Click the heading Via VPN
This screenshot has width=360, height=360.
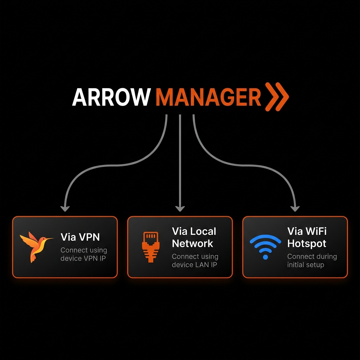pyautogui.click(x=80, y=237)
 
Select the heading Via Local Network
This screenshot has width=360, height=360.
pyautogui.click(x=194, y=237)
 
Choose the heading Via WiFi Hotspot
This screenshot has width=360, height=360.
pyautogui.click(x=307, y=237)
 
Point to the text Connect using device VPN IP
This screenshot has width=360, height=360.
pyautogui.click(x=84, y=254)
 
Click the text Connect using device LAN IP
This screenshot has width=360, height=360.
pyautogui.click(x=195, y=261)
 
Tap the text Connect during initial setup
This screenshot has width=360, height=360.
pyautogui.click(x=312, y=261)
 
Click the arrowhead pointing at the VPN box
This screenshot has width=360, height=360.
pyautogui.click(x=65, y=208)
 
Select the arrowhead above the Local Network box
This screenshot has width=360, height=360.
pyautogui.click(x=180, y=208)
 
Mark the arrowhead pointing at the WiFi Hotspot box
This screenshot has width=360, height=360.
pyautogui.click(x=295, y=208)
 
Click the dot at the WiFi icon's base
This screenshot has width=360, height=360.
pyautogui.click(x=265, y=257)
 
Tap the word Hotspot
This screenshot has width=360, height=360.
pyautogui.click(x=307, y=243)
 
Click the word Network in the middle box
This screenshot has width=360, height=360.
pyautogui.click(x=193, y=243)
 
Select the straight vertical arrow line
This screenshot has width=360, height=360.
pyautogui.click(x=180, y=158)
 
